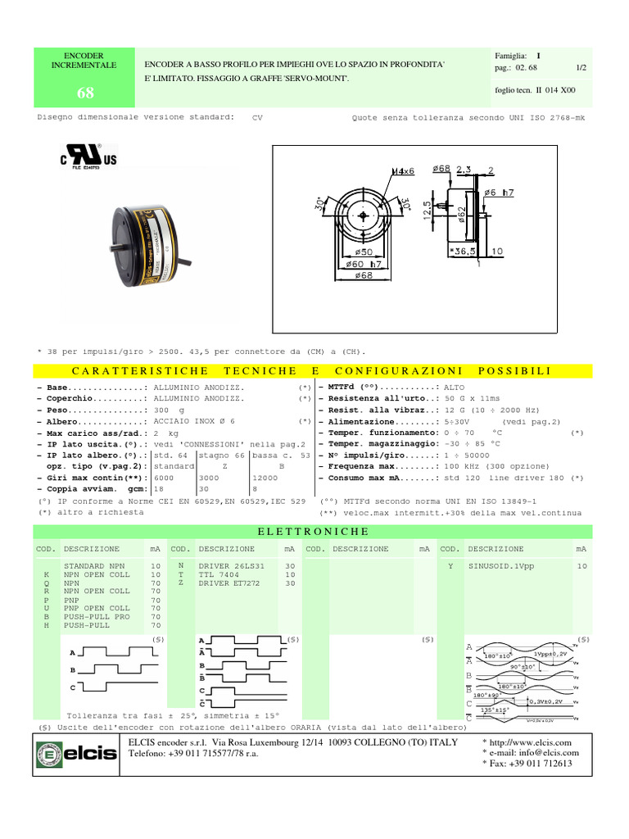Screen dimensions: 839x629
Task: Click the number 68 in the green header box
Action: click(x=85, y=93)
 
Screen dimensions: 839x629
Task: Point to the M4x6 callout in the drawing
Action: click(x=404, y=171)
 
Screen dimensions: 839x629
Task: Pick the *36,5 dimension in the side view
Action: click(x=464, y=251)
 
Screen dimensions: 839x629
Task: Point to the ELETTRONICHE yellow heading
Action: click(x=314, y=532)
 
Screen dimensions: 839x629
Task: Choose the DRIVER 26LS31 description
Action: click(x=232, y=565)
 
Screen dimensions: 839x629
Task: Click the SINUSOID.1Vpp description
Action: click(x=500, y=565)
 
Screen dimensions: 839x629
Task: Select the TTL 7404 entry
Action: click(x=219, y=574)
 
